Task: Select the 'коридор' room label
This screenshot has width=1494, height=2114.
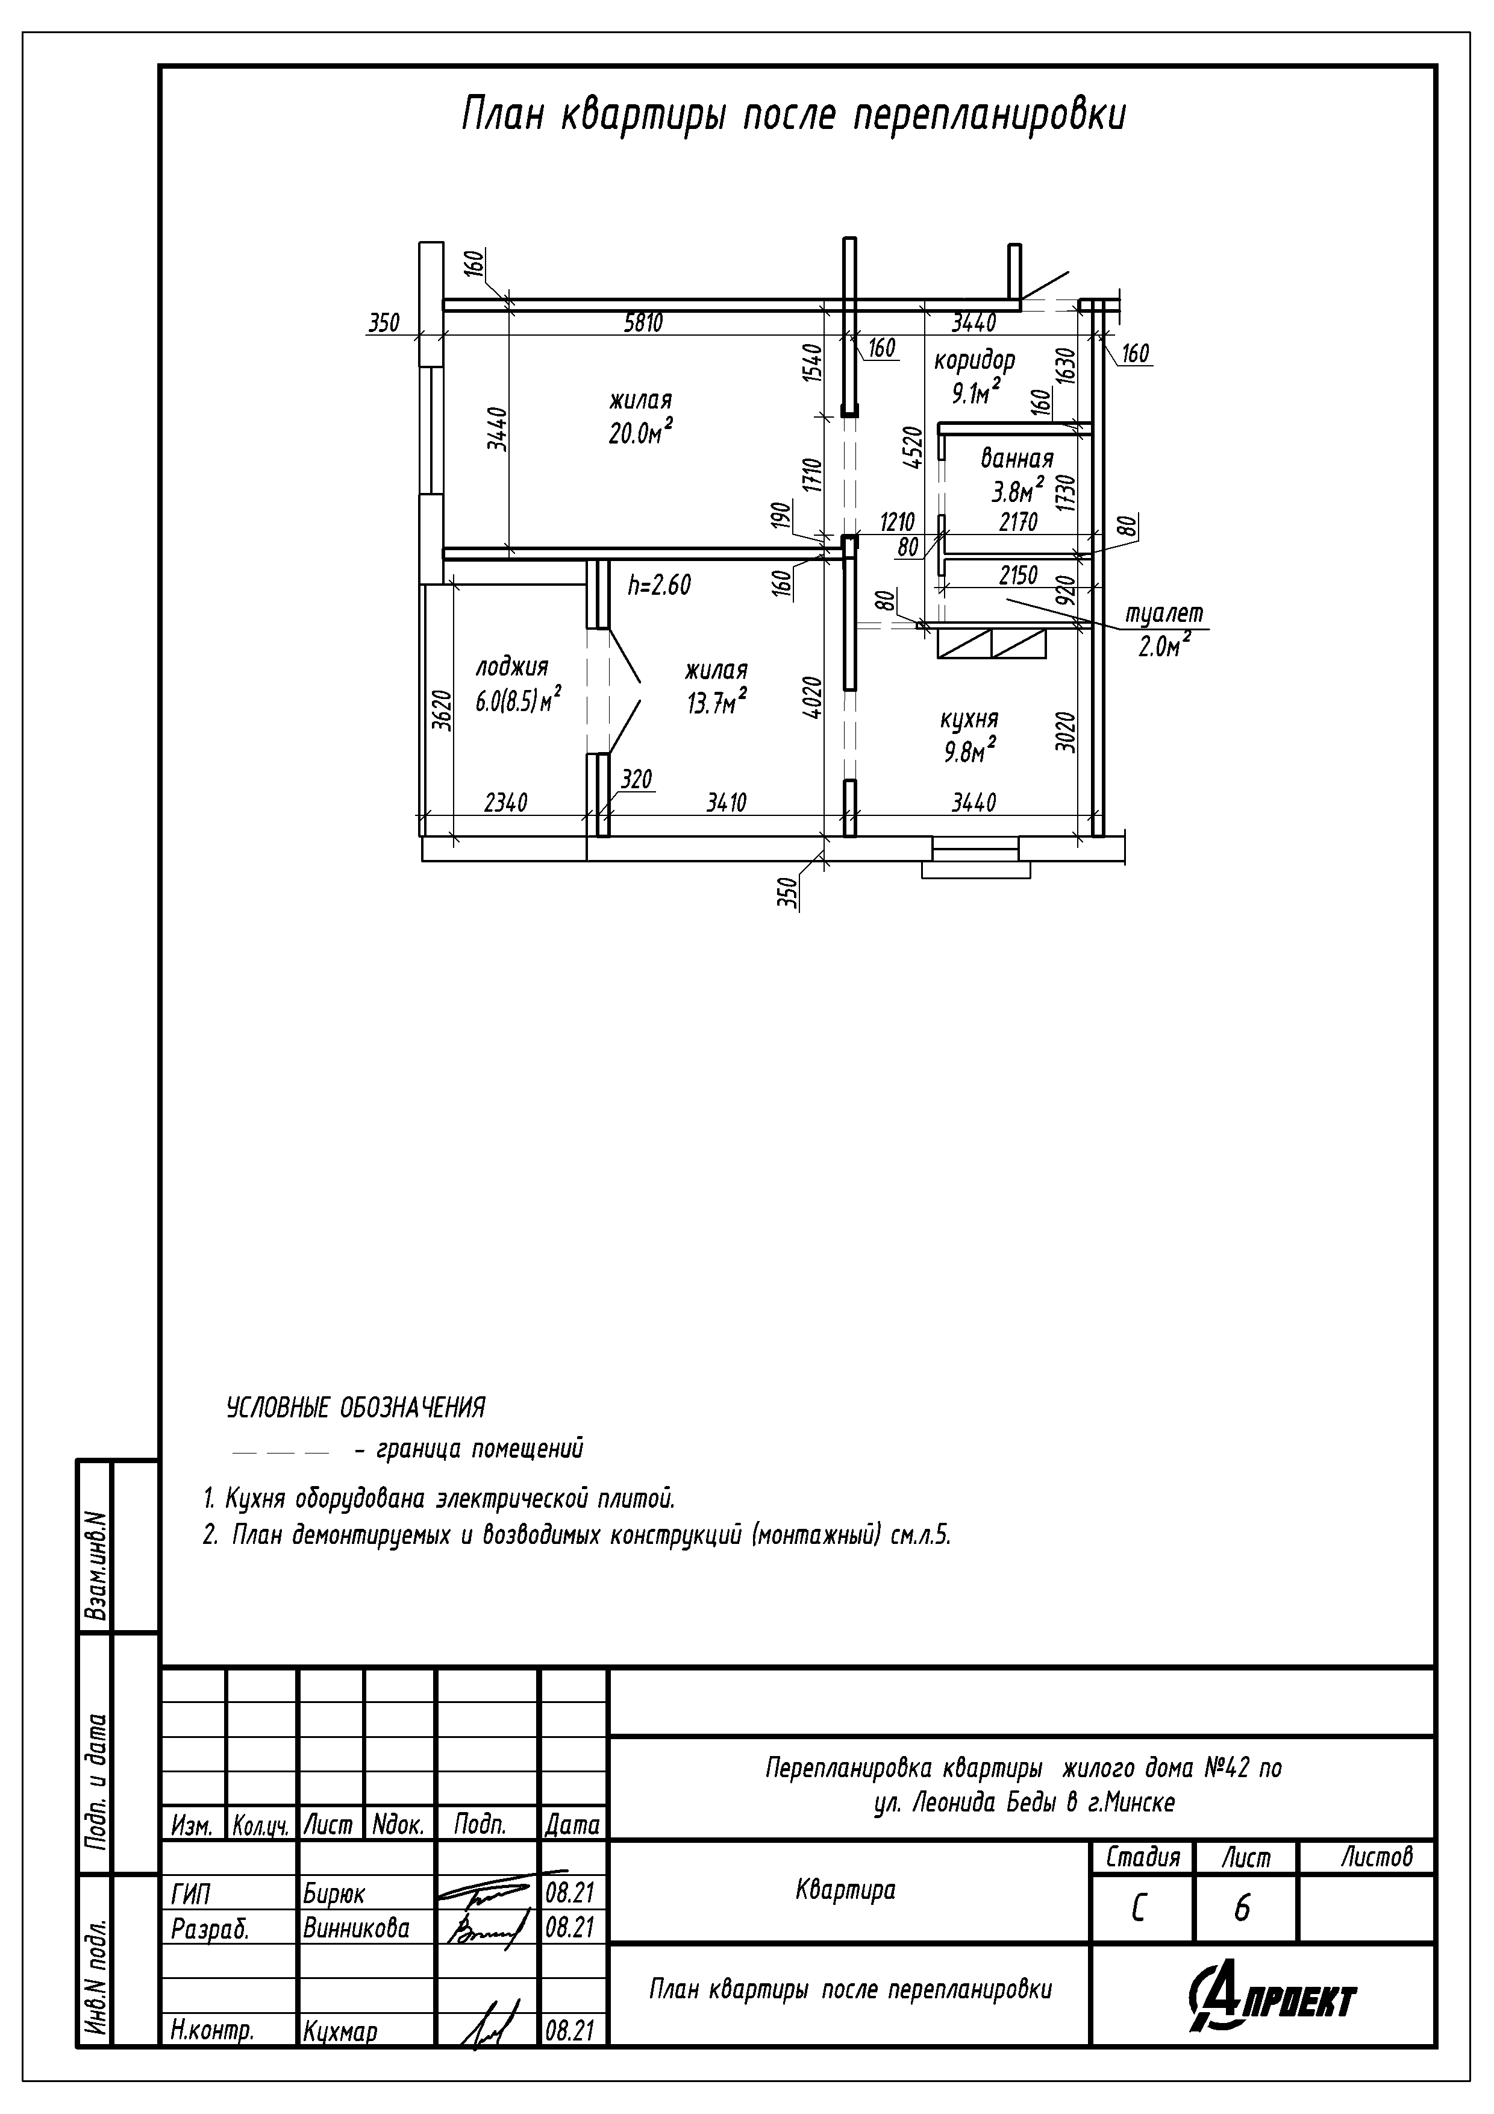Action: pyautogui.click(x=974, y=360)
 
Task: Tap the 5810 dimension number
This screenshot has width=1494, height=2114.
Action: pyautogui.click(x=643, y=323)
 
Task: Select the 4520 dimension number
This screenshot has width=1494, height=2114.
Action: pyautogui.click(x=912, y=448)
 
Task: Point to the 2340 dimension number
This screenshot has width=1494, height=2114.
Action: pyautogui.click(x=505, y=803)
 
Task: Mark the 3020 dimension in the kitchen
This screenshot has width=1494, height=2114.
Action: pyautogui.click(x=1065, y=732)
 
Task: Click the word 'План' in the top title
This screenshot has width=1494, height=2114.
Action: pyautogui.click(x=502, y=116)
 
